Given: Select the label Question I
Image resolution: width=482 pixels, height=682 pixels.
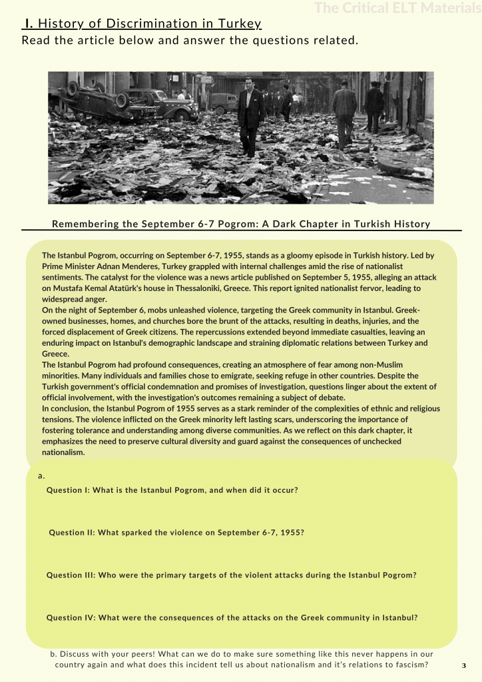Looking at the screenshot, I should click(x=68, y=490).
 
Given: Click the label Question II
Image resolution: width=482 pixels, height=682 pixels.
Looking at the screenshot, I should click(x=73, y=533).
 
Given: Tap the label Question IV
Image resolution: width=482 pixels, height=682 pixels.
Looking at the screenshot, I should click(x=71, y=617).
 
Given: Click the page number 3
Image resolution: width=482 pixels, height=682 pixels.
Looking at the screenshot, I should click(x=463, y=665).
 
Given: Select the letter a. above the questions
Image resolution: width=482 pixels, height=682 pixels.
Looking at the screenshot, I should click(x=41, y=476).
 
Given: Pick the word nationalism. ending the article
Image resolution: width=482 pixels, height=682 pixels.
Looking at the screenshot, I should click(x=63, y=452).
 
